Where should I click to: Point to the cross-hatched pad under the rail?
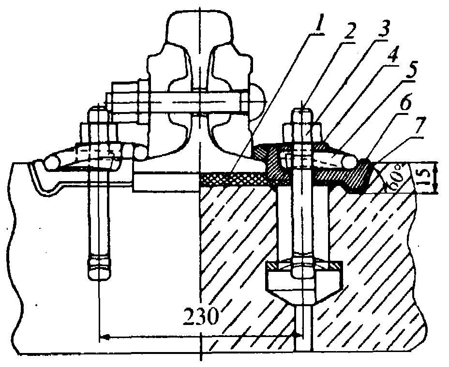232,179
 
